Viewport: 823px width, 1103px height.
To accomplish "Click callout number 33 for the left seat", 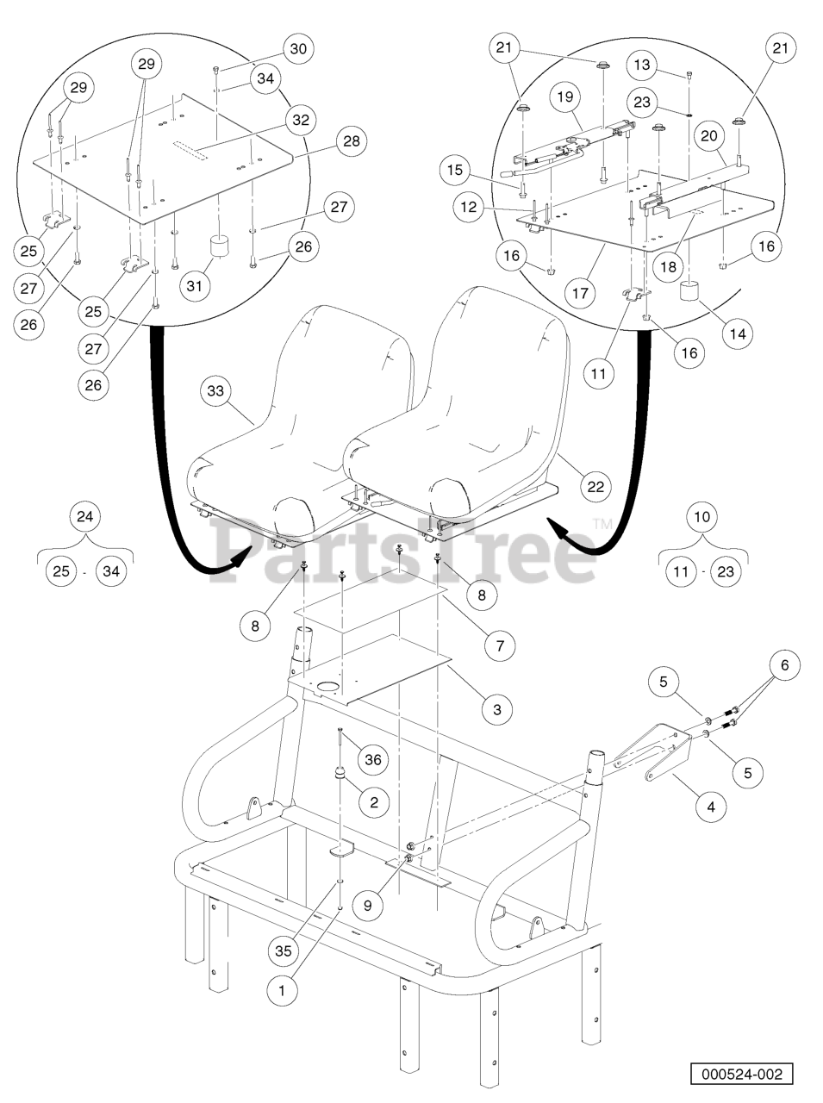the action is pyautogui.click(x=215, y=390).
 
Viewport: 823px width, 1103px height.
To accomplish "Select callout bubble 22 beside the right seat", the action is pyautogui.click(x=595, y=486).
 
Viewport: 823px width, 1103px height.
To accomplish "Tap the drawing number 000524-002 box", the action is pyautogui.click(x=742, y=1075).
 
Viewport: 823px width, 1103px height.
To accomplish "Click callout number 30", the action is pyautogui.click(x=298, y=49).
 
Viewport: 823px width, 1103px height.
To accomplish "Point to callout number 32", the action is pyautogui.click(x=301, y=120).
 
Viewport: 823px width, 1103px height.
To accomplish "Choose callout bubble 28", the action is pyautogui.click(x=352, y=140).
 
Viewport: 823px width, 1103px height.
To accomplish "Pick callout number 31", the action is pyautogui.click(x=195, y=286).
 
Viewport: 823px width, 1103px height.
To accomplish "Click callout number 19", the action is pyautogui.click(x=565, y=97).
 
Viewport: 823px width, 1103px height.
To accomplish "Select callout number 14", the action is pyautogui.click(x=738, y=333).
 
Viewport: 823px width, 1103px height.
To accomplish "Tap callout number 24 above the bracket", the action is pyautogui.click(x=84, y=516).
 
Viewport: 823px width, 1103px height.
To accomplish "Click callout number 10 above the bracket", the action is pyautogui.click(x=701, y=516).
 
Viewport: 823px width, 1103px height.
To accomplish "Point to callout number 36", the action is pyautogui.click(x=373, y=759).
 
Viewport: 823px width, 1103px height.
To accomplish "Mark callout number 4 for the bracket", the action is pyautogui.click(x=711, y=807).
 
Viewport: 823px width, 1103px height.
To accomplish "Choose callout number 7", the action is pyautogui.click(x=500, y=645).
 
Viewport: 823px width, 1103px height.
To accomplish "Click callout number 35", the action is pyautogui.click(x=284, y=950).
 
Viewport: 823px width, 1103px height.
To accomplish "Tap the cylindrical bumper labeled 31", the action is pyautogui.click(x=219, y=246).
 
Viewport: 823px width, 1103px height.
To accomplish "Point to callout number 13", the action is pyautogui.click(x=642, y=65).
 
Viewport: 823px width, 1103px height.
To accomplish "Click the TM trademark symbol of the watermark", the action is pyautogui.click(x=602, y=524).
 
